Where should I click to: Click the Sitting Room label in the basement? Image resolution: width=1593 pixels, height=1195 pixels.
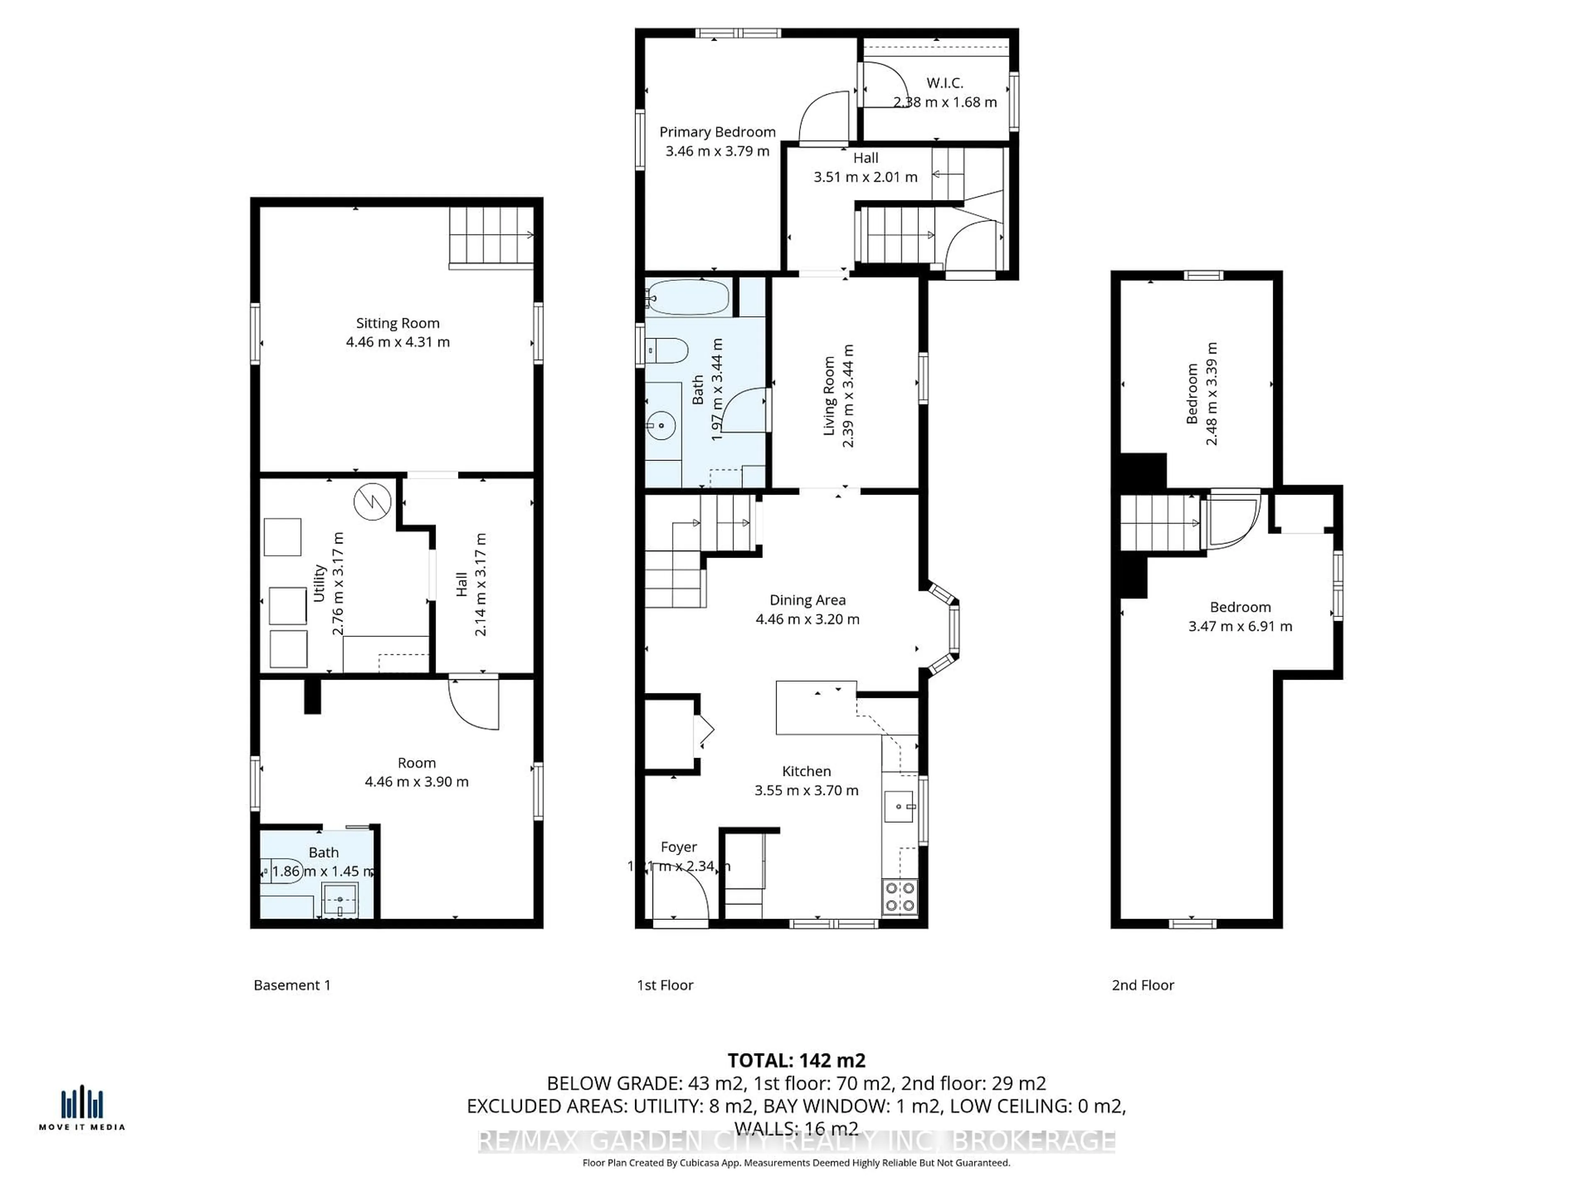(397, 323)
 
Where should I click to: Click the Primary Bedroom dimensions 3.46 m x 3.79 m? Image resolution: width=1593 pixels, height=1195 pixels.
(717, 151)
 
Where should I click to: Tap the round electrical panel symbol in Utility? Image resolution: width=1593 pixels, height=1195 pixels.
(373, 501)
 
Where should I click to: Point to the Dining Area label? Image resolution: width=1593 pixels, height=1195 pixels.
(807, 600)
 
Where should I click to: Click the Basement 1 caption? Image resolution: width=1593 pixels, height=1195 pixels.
(292, 985)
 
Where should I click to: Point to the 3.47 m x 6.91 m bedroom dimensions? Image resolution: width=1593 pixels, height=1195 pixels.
(1240, 627)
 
